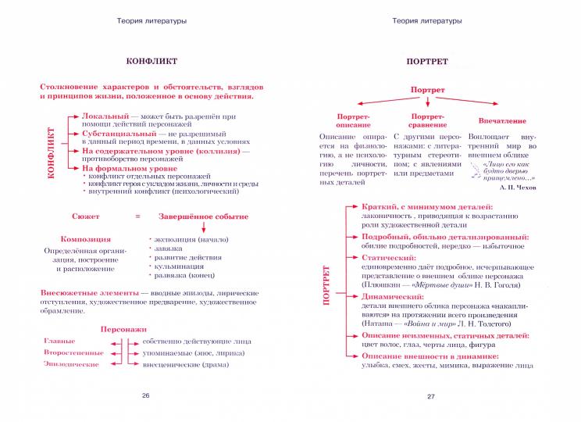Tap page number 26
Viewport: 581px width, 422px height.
pos(145,395)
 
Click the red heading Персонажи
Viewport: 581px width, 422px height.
pos(123,330)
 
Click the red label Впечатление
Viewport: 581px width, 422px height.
pos(502,121)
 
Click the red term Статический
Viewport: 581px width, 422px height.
pos(383,257)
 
